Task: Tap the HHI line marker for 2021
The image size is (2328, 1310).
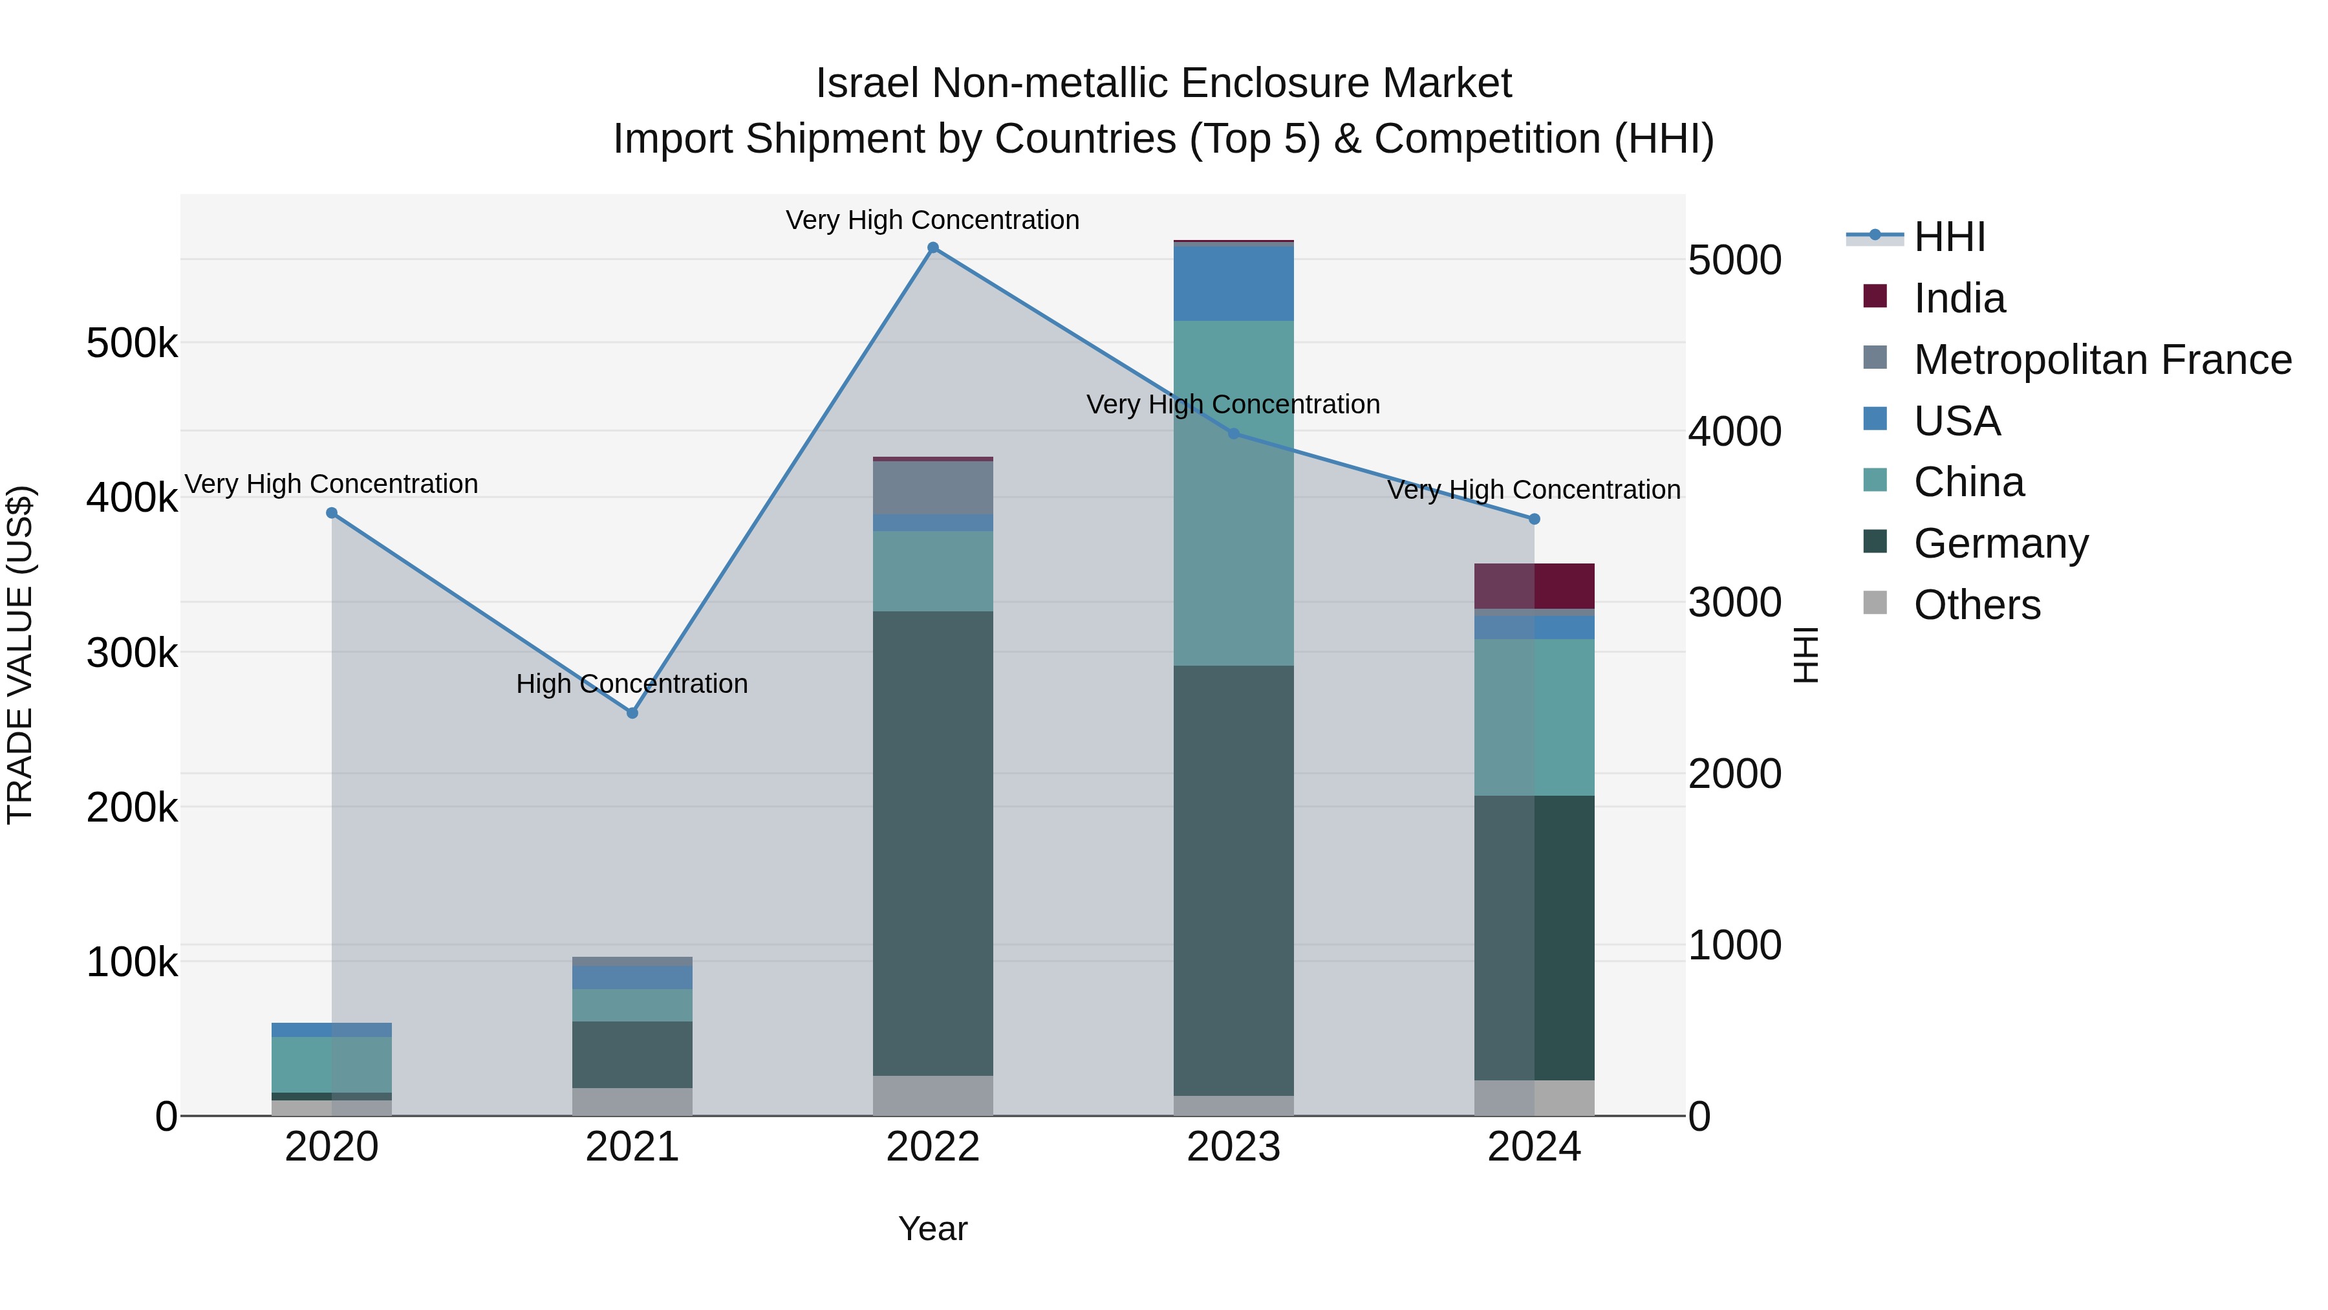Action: pos(632,714)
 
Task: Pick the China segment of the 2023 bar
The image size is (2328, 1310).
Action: pos(1234,494)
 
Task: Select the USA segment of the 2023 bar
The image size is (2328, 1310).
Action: pos(1234,283)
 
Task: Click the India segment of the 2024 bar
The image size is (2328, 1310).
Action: pos(1535,586)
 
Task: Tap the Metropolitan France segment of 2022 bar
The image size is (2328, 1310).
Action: pos(932,488)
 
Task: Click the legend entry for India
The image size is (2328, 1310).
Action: pos(1959,298)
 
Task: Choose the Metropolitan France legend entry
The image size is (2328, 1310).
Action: pos(2102,360)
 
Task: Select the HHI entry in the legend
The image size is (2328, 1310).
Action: pos(1949,237)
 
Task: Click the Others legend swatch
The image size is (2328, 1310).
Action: pos(1875,603)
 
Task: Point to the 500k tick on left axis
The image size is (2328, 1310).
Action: pos(132,344)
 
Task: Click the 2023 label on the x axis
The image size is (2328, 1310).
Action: pos(1234,1147)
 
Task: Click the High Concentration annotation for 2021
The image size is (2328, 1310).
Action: pos(632,684)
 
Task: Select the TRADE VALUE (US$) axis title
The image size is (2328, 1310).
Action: pos(21,655)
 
